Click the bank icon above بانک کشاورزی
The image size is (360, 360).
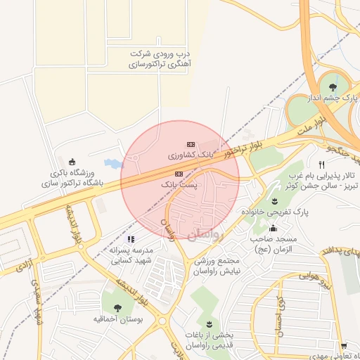click(x=190, y=143)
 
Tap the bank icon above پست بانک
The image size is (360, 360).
click(x=179, y=173)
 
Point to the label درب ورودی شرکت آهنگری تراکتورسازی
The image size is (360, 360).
click(x=161, y=58)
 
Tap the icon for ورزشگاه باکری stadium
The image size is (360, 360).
click(x=72, y=162)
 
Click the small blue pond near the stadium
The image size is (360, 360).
click(x=112, y=164)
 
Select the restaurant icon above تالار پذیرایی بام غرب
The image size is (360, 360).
click(x=321, y=165)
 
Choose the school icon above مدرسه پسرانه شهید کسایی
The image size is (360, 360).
click(x=131, y=239)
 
